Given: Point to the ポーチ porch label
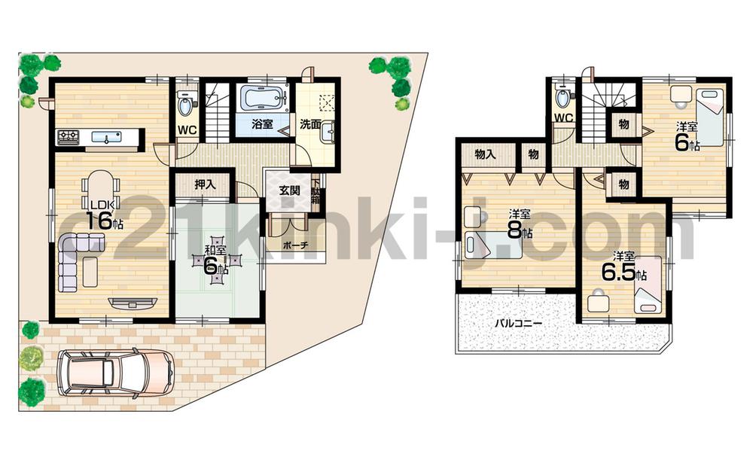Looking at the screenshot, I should pyautogui.click(x=294, y=245).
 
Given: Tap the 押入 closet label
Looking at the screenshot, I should pyautogui.click(x=205, y=184).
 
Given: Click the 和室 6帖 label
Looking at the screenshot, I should pyautogui.click(x=216, y=260).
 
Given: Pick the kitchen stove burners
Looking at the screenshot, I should pyautogui.click(x=69, y=136).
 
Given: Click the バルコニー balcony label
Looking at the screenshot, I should pyautogui.click(x=520, y=323).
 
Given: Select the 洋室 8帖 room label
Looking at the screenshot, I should pyautogui.click(x=517, y=224).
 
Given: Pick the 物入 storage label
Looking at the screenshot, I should pyautogui.click(x=485, y=154).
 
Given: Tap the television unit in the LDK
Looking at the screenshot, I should pyautogui.click(x=133, y=303).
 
